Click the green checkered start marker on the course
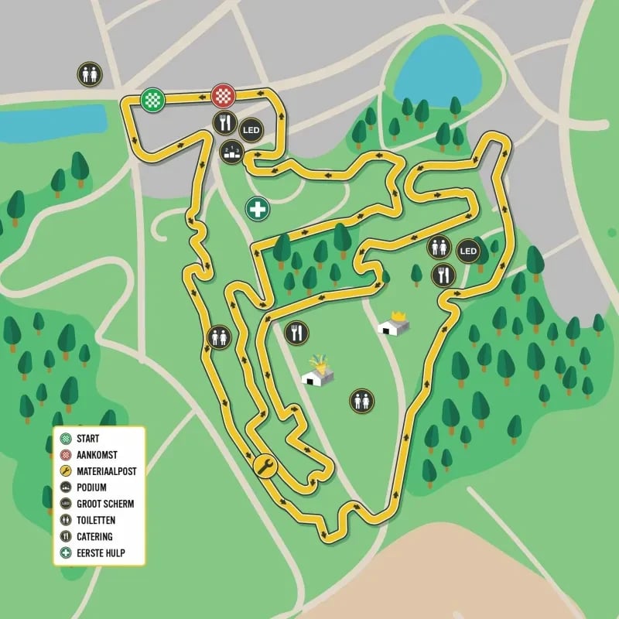point(152,99)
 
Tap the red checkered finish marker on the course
point(223,96)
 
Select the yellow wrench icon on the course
point(265,466)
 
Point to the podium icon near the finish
point(231,152)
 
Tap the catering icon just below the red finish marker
point(225,122)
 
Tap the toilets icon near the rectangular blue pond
point(89,74)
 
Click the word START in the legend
point(88,439)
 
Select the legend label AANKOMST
point(98,455)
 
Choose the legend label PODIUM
point(92,487)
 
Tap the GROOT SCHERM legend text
point(106,504)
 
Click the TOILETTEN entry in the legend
point(98,520)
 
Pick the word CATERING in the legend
point(95,536)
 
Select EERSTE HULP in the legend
point(101,552)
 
